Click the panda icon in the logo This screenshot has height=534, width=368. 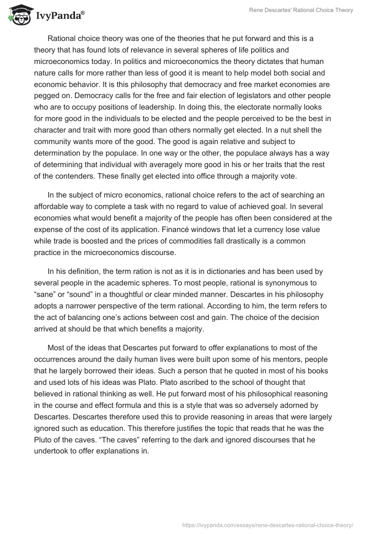tap(18, 15)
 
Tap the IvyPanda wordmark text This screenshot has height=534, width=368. tap(60, 16)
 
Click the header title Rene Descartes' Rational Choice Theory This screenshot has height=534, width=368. tap(300, 10)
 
